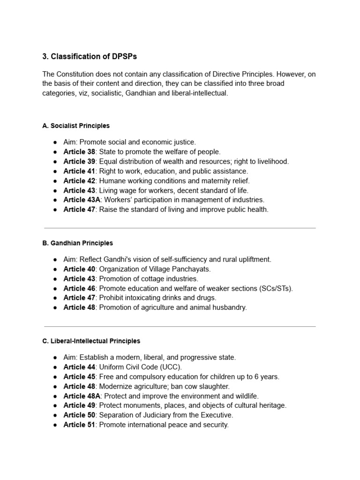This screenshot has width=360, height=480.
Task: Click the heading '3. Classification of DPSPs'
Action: coord(90,57)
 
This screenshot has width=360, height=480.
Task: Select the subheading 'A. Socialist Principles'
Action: coord(76,126)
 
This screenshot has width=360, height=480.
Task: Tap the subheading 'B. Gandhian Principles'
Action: coord(77,243)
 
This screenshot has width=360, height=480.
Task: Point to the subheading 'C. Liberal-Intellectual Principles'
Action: coord(91,341)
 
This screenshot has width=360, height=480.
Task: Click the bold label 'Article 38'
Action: coord(79,151)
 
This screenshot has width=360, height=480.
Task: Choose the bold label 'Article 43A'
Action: coord(82,200)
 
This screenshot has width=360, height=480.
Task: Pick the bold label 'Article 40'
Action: coord(79,269)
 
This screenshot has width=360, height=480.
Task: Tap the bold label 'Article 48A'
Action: coord(82,396)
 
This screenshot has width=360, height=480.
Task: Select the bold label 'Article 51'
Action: coord(79,425)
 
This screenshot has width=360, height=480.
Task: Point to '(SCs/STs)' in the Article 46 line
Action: coord(276,288)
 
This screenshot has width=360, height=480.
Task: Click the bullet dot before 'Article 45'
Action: coord(56,377)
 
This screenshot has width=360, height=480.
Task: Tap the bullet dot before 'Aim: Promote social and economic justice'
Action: coord(56,142)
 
